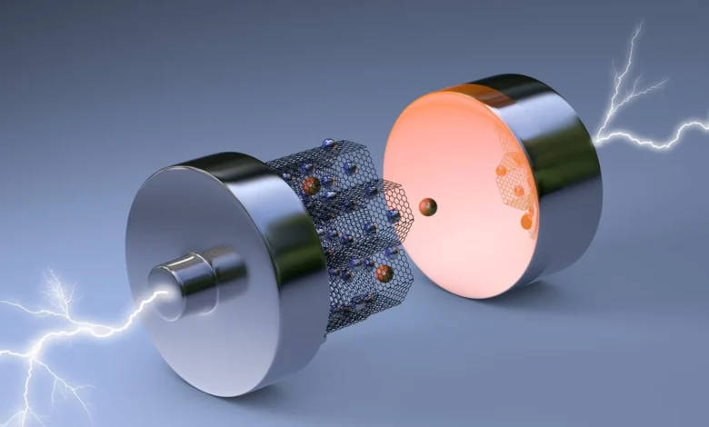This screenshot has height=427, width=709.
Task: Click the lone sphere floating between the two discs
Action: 427,207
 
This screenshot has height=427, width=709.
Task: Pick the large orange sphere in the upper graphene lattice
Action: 311,185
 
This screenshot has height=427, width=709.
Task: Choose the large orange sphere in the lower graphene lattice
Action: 384,273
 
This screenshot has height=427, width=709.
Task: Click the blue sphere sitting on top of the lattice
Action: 328,144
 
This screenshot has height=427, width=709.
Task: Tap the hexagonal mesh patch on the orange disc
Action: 514,182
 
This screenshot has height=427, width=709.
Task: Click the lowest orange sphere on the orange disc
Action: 526,221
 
